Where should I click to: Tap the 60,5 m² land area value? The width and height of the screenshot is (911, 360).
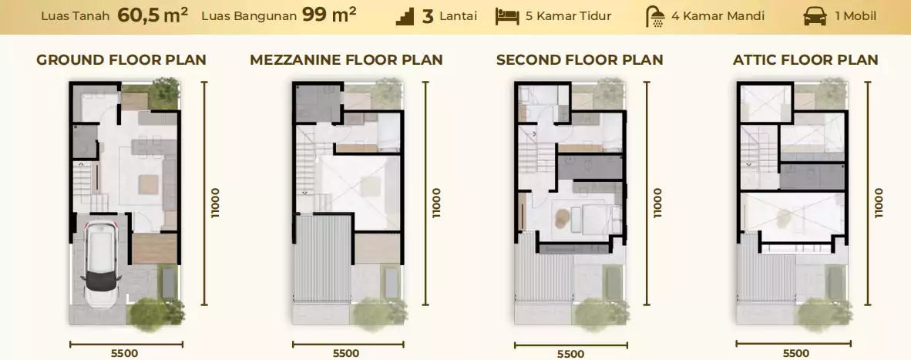[153, 15]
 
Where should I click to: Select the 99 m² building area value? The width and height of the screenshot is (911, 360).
[329, 15]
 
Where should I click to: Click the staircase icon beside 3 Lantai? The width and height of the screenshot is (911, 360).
[405, 17]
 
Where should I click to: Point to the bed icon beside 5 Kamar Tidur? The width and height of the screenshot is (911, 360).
[507, 16]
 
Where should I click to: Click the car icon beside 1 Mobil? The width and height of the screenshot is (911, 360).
[815, 17]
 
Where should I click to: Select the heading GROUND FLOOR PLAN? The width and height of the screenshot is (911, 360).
[122, 60]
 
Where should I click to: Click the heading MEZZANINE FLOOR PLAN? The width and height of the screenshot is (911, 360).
[346, 60]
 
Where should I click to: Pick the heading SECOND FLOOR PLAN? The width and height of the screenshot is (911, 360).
[580, 60]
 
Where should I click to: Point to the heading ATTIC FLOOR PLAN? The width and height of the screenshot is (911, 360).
[806, 60]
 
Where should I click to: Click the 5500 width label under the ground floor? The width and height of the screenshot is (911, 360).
[124, 353]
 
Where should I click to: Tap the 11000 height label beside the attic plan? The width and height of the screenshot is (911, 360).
[878, 203]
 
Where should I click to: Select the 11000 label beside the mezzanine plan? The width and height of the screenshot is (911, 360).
[437, 203]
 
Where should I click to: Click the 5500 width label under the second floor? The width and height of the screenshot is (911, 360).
[570, 354]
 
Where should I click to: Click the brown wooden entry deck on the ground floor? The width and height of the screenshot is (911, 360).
[154, 248]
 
